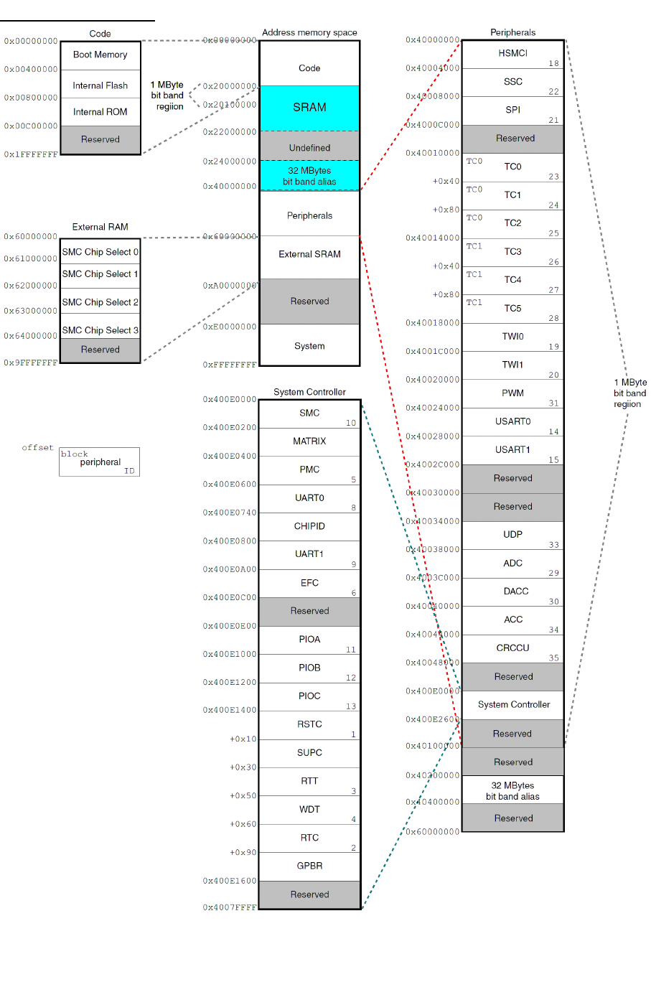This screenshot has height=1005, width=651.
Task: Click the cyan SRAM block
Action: click(x=309, y=108)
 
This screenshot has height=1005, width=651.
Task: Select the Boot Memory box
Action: click(x=100, y=55)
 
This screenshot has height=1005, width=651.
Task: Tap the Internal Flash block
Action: click(x=100, y=85)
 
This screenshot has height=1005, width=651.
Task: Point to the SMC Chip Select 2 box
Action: click(x=100, y=302)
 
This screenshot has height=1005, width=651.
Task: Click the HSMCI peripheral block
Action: click(x=512, y=54)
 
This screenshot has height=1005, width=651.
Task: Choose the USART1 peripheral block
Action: click(x=512, y=450)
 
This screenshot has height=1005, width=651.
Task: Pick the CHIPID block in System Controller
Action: click(x=309, y=526)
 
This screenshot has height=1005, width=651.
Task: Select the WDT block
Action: click(x=309, y=810)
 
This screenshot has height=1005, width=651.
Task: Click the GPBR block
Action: click(x=309, y=866)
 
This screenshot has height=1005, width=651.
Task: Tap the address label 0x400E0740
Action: click(x=230, y=513)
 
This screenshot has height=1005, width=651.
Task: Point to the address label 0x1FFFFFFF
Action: click(x=31, y=155)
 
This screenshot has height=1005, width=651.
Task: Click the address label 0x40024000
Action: click(x=433, y=408)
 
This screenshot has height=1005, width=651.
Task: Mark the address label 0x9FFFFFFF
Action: click(x=31, y=363)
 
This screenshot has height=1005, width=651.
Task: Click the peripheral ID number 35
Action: click(x=554, y=658)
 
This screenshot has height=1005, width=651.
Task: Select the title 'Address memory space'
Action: click(x=309, y=33)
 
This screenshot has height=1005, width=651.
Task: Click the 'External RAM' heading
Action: click(x=100, y=228)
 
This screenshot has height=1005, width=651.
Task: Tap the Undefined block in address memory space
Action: click(x=309, y=148)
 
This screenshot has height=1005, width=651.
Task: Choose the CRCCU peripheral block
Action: click(x=512, y=648)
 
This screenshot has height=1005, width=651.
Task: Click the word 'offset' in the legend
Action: click(x=38, y=448)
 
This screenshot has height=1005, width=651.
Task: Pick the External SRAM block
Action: click(x=309, y=255)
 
